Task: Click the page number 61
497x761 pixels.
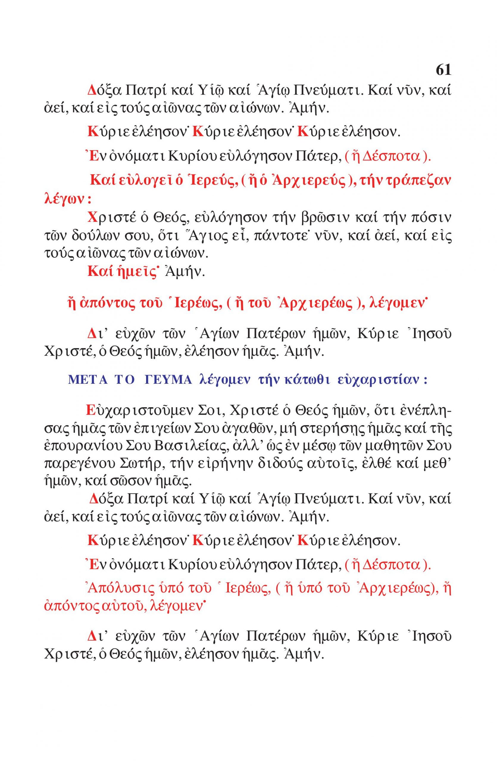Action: click(443, 70)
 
